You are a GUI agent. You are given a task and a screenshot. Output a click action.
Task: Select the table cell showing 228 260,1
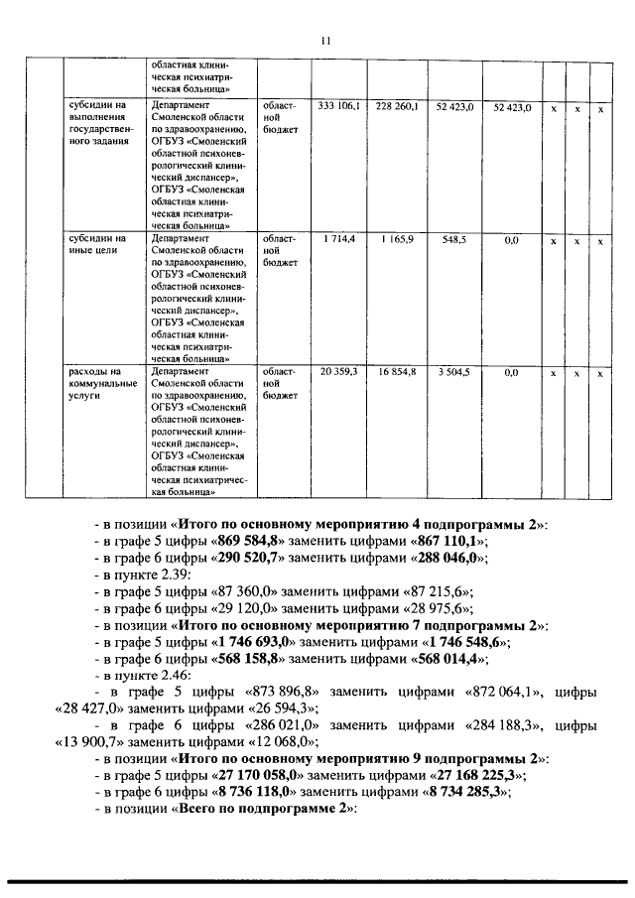pyautogui.click(x=397, y=106)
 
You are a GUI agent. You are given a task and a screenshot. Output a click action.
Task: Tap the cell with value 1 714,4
pyautogui.click(x=339, y=240)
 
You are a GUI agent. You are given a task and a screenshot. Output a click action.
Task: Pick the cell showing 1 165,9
pyautogui.click(x=397, y=240)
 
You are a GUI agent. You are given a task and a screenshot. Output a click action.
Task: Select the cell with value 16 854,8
pyautogui.click(x=397, y=372)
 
